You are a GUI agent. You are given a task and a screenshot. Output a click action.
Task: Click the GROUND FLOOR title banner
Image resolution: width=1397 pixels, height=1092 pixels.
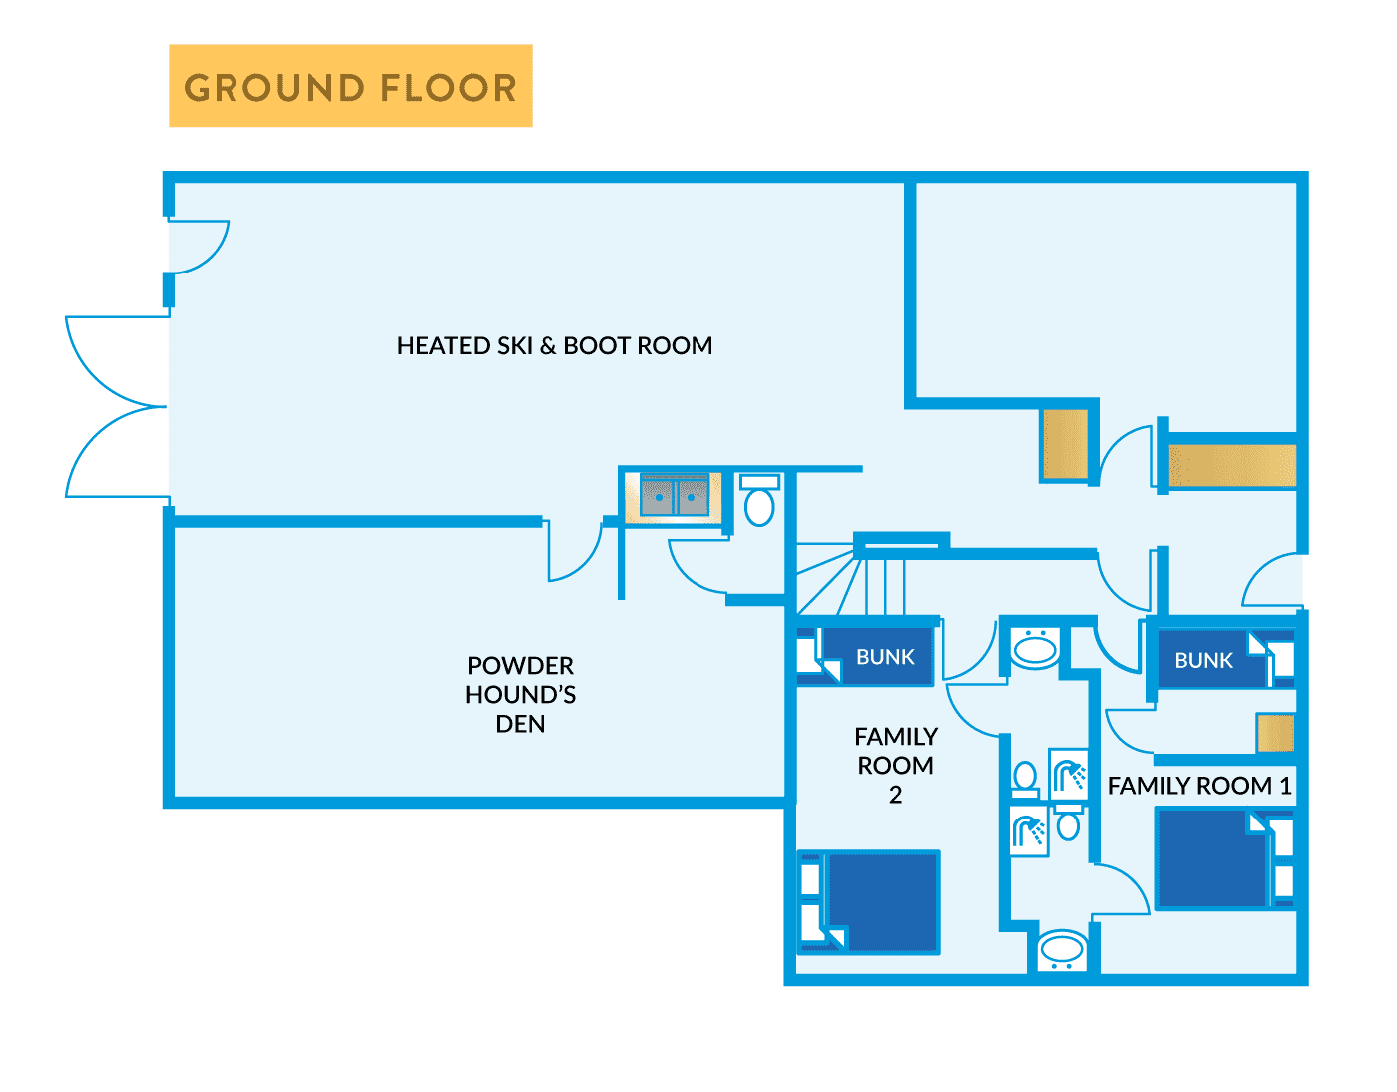pyautogui.click(x=350, y=86)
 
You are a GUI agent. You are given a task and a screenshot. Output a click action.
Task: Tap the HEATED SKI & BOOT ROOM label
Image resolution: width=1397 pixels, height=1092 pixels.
pyautogui.click(x=555, y=346)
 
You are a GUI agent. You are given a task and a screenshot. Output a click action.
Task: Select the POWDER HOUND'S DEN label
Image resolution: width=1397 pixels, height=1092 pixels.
pyautogui.click(x=520, y=694)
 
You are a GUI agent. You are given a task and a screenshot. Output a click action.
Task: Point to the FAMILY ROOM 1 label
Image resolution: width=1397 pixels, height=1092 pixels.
pyautogui.click(x=1198, y=786)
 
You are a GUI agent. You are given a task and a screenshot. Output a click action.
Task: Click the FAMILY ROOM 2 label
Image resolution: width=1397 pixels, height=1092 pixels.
pyautogui.click(x=895, y=765)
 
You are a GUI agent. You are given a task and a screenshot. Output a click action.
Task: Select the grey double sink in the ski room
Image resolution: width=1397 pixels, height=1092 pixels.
pyautogui.click(x=675, y=496)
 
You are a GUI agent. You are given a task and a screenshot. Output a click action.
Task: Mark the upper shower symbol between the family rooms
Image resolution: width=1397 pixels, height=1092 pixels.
pyautogui.click(x=1068, y=773)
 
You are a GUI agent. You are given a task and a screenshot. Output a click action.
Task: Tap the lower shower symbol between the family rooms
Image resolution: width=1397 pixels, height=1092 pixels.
pyautogui.click(x=1029, y=828)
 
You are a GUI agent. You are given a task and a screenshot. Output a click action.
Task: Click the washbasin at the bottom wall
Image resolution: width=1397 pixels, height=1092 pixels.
pyautogui.click(x=1062, y=950)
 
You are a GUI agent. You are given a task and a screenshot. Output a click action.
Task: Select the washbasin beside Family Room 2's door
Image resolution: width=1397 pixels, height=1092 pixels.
pyautogui.click(x=1035, y=648)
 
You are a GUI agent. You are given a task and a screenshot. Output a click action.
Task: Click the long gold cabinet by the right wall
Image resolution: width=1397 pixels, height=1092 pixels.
pyautogui.click(x=1231, y=465)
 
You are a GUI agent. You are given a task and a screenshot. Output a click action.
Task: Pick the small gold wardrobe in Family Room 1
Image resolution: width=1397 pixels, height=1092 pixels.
pyautogui.click(x=1275, y=733)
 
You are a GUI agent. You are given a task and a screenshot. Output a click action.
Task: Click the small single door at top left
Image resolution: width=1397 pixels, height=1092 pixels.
pyautogui.click(x=198, y=247)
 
